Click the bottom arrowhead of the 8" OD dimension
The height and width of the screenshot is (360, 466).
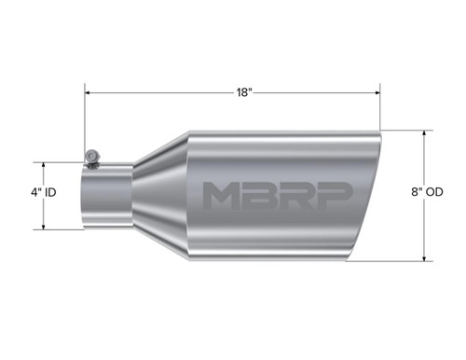pyautogui.click(x=425, y=257)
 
